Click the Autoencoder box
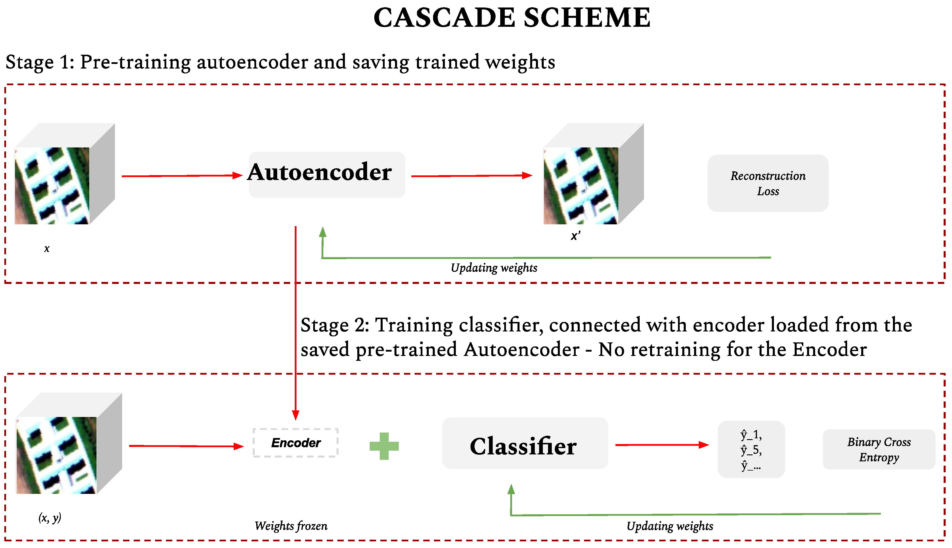pyautogui.click(x=326, y=175)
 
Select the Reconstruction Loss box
pyautogui.click(x=768, y=183)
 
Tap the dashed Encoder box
pyautogui.click(x=296, y=443)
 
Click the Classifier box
pyautogui.click(x=525, y=443)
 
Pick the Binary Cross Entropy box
pyautogui.click(x=879, y=450)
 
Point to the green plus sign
pyautogui.click(x=384, y=446)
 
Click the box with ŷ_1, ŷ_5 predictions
pyautogui.click(x=751, y=450)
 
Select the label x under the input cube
pyautogui.click(x=47, y=249)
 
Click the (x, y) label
pyautogui.click(x=50, y=518)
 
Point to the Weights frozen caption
pyautogui.click(x=291, y=526)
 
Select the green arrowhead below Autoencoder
pyautogui.click(x=322, y=232)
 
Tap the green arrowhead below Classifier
pyautogui.click(x=511, y=489)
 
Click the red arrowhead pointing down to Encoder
pyautogui.click(x=296, y=415)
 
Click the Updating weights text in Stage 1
pyautogui.click(x=494, y=268)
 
